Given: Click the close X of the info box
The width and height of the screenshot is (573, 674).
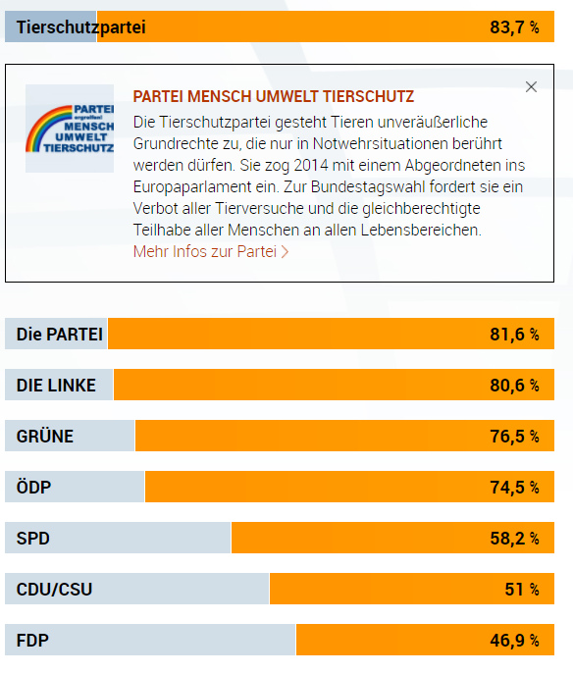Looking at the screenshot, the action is click(x=531, y=87).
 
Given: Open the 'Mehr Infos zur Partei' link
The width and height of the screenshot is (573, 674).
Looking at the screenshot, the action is click(x=211, y=251).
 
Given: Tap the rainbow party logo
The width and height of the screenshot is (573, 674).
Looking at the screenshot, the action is click(x=70, y=129).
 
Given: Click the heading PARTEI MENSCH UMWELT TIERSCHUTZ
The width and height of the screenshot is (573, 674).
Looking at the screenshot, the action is click(x=274, y=96).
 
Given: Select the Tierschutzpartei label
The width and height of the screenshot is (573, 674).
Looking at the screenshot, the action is click(x=80, y=27).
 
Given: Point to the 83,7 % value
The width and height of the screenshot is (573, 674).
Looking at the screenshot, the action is click(x=514, y=27).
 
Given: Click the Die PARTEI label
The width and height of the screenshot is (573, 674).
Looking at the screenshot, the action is click(x=59, y=334).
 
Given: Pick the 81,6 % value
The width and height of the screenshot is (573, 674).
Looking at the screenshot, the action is click(x=514, y=334).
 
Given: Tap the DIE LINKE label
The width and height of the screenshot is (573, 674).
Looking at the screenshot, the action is click(x=56, y=386).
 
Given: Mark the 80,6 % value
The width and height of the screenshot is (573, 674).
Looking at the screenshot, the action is click(x=514, y=386).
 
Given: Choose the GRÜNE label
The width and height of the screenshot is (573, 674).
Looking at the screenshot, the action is click(x=45, y=436).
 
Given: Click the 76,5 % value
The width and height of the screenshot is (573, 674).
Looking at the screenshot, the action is click(x=514, y=437).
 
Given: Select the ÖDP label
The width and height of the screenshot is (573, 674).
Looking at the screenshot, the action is click(x=33, y=487).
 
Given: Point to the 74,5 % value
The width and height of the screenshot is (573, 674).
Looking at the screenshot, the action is click(x=514, y=487).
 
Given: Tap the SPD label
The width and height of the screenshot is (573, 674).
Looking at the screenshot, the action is click(x=32, y=539).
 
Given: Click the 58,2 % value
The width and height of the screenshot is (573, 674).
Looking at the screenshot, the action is click(x=514, y=539).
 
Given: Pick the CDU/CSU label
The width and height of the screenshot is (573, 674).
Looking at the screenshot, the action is click(x=54, y=589).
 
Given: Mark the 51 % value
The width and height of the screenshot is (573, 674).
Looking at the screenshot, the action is click(x=522, y=589).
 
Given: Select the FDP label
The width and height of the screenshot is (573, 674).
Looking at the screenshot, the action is click(x=32, y=640).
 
